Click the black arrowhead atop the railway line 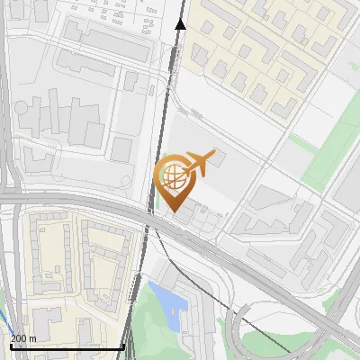180,22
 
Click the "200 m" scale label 23,338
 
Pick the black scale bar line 67,347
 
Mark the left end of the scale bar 10,347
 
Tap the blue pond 169,301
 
